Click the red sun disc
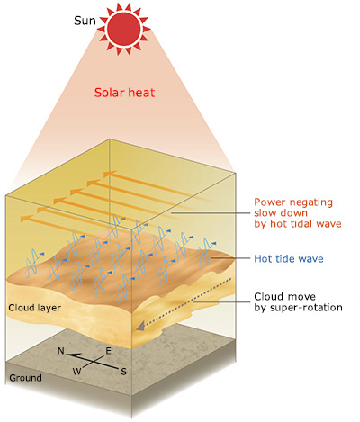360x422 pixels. [x=123, y=29]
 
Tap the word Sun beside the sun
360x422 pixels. [x=85, y=21]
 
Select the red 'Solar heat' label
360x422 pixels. [x=124, y=93]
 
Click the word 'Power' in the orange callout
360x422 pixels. [x=269, y=202]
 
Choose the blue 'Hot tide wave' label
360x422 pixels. [x=289, y=258]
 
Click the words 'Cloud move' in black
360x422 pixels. [x=284, y=297]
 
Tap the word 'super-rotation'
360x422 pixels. [x=306, y=308]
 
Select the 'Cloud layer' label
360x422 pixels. [x=35, y=308]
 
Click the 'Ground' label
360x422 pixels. [x=25, y=378]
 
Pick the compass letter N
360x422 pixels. [x=61, y=351]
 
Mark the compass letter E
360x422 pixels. [x=109, y=351]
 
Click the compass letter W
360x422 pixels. [x=76, y=372]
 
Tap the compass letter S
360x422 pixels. [x=123, y=372]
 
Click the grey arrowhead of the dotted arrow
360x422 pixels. [x=140, y=326]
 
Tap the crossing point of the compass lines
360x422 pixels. [x=95, y=361]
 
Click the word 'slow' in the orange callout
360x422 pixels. [x=265, y=213]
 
